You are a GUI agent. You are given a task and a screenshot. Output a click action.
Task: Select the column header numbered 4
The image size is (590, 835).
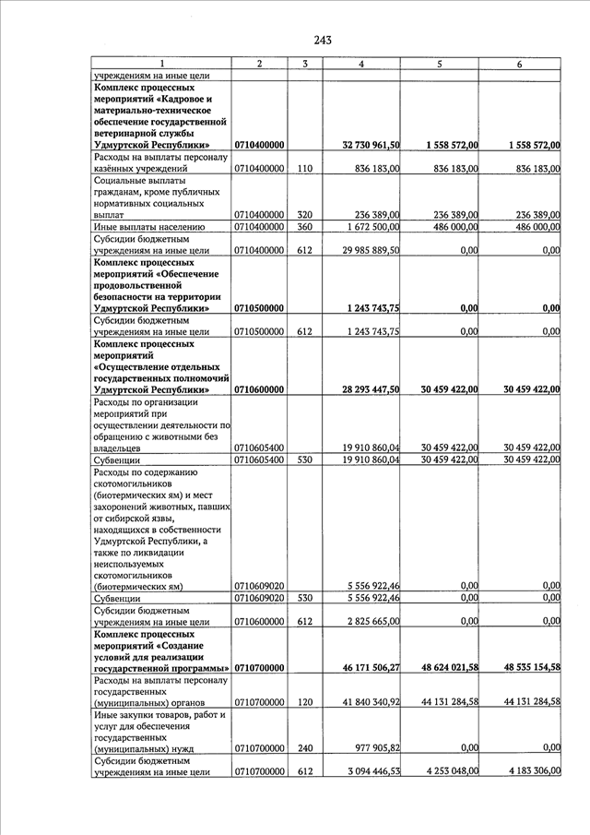pos(360,64)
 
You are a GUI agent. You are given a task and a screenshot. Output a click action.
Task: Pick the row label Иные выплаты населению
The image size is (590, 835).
pos(148,226)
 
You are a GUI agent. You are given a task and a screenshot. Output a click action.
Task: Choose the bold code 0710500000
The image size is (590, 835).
pos(259,308)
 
